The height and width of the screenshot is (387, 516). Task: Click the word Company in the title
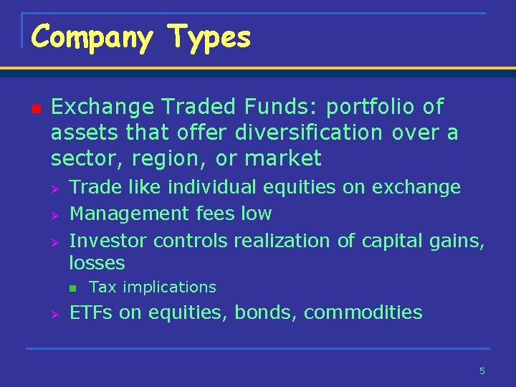[x=92, y=37]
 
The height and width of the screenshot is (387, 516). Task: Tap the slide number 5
[x=482, y=371]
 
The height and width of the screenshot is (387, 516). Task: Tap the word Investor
[x=108, y=240]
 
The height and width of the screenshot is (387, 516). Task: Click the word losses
[x=97, y=263]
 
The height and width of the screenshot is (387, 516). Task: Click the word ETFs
[x=91, y=312]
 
